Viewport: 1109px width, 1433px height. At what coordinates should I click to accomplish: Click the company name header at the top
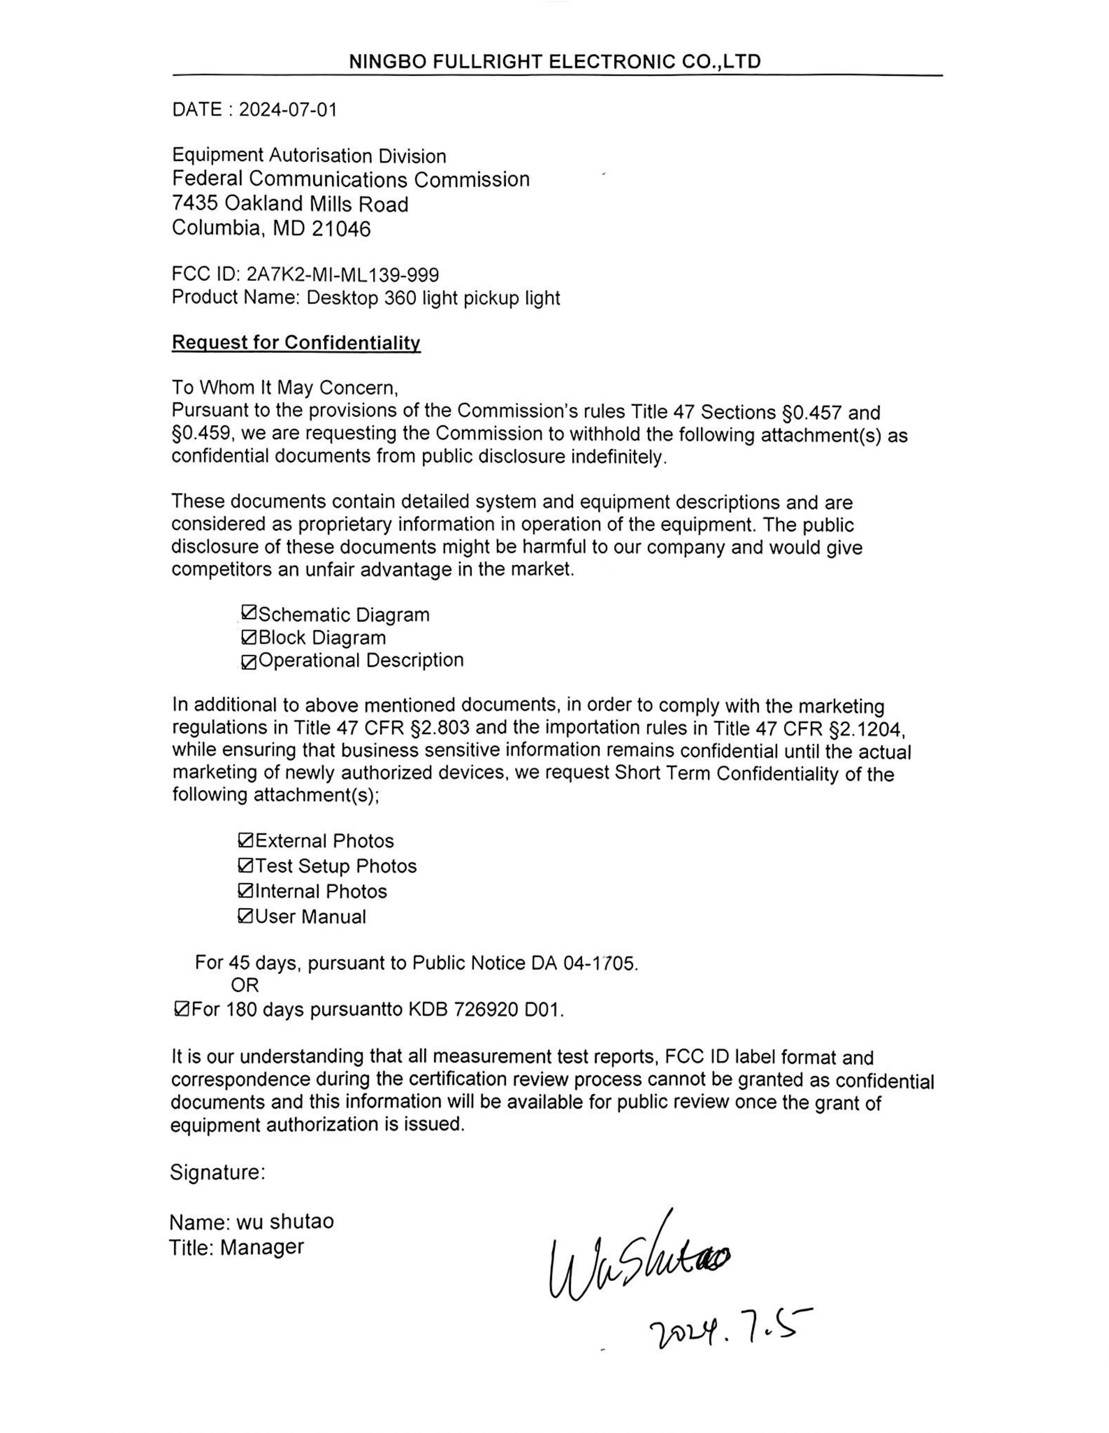[x=554, y=62]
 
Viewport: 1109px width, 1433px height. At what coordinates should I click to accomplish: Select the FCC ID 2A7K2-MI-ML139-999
[x=342, y=274]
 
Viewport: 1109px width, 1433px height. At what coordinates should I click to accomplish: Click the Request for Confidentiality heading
[x=296, y=342]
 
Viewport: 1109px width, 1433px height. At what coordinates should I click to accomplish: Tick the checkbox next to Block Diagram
[x=249, y=636]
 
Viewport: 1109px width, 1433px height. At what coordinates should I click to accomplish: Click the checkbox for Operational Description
[x=249, y=663]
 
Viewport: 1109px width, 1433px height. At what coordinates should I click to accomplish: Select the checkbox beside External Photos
[x=246, y=840]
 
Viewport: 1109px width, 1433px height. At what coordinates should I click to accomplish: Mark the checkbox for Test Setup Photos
[x=246, y=865]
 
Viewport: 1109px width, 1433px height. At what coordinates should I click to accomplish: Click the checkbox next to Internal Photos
[x=246, y=890]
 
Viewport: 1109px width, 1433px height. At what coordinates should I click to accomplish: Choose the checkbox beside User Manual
[x=246, y=916]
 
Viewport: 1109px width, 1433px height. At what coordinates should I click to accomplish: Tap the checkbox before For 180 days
[x=182, y=1008]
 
